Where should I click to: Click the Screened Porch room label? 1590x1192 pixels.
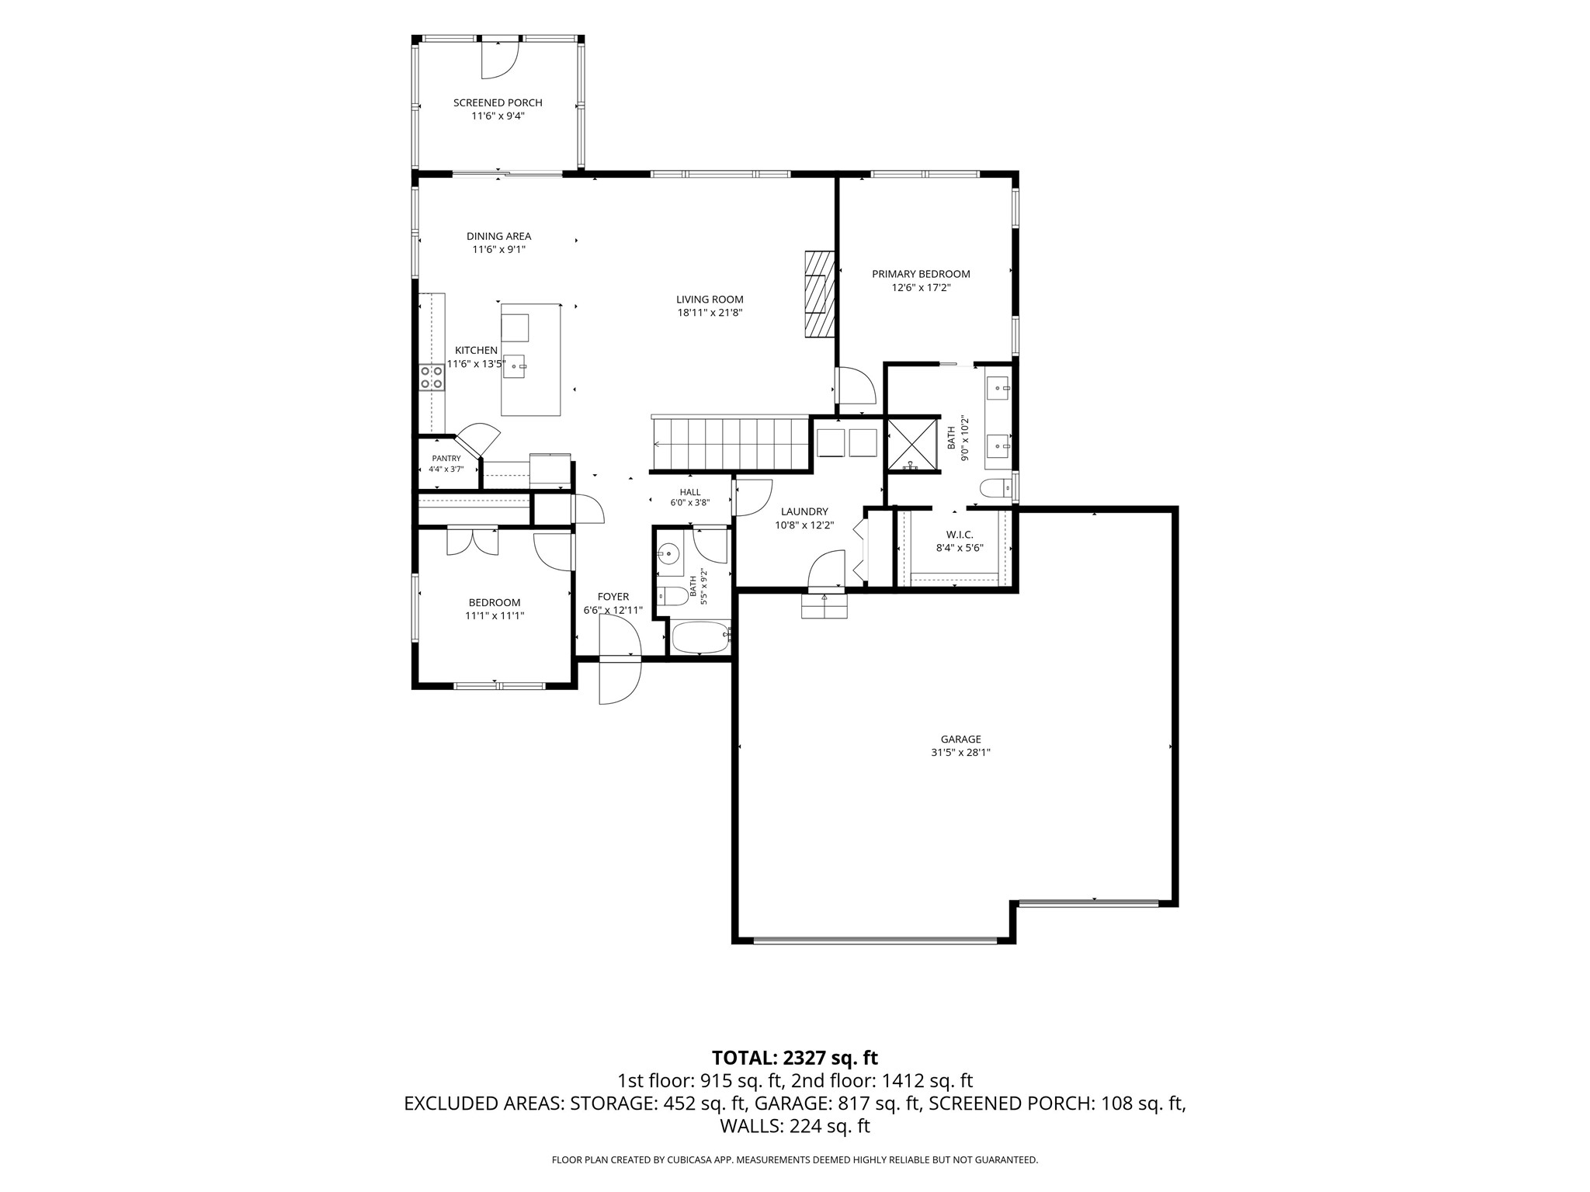tap(498, 102)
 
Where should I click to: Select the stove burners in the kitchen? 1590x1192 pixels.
tap(432, 377)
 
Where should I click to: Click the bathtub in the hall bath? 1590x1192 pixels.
tap(701, 637)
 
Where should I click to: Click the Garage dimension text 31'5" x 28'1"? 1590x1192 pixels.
tap(961, 752)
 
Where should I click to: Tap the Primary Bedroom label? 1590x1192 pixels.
tap(921, 274)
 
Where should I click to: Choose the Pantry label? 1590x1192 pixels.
tap(446, 459)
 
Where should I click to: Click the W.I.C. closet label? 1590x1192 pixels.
tap(960, 535)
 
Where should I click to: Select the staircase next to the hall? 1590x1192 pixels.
tap(731, 444)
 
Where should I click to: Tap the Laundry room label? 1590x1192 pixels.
tap(804, 511)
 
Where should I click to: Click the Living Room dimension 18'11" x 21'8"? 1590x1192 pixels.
tap(710, 313)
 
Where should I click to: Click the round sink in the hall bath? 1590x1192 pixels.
tap(668, 554)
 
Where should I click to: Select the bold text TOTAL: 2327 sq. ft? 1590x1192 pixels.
tap(795, 1058)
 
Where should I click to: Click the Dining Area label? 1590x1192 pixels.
tap(499, 236)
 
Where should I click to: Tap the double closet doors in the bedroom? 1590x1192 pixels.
tap(472, 541)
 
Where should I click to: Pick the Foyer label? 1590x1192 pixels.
tap(613, 597)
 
